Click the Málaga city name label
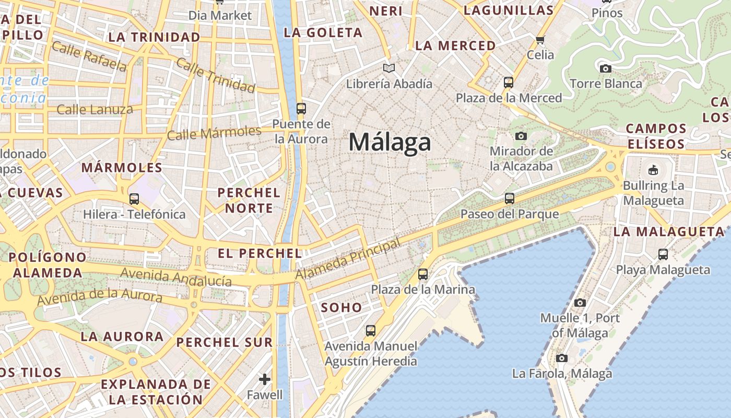pos(390,142)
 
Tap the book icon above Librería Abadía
pos(389,68)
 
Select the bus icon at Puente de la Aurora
pos(301,109)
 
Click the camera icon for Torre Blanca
pos(606,68)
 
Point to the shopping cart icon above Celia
pos(540,40)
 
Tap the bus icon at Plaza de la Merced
pos(508,83)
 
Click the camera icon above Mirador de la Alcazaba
pos(521,136)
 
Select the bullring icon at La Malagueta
pos(653,170)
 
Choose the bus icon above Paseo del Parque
pos(509,199)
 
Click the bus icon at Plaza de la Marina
pos(423,274)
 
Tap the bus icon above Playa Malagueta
pos(663,254)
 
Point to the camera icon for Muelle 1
pos(580,303)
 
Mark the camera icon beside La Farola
pos(561,358)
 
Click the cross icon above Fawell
pos(265,379)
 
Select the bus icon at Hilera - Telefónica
pos(134,199)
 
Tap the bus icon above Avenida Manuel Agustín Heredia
pos(370,330)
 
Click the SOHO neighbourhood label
pos(341,308)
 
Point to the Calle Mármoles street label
pos(214,133)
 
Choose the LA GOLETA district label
pos(323,33)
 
